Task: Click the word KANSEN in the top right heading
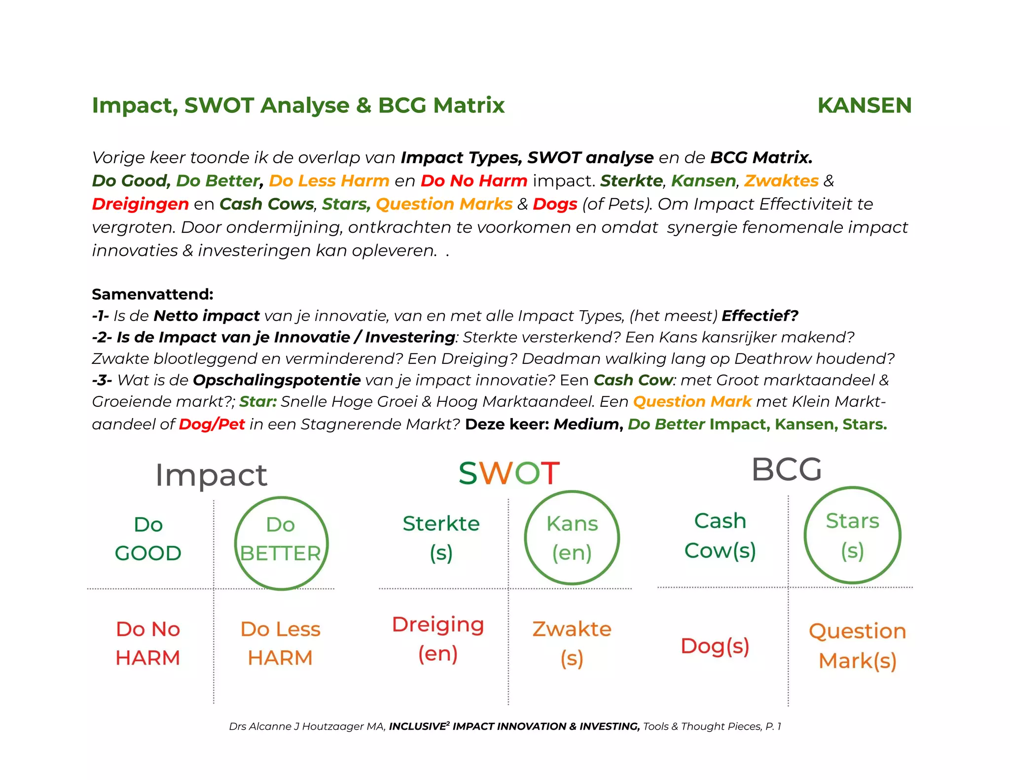coord(864,106)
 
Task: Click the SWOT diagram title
coord(509,473)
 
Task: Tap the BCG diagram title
coord(787,469)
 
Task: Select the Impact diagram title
coord(211,475)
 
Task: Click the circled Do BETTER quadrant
coord(281,542)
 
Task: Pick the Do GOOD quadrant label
coord(148,539)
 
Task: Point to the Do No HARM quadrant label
coord(148,643)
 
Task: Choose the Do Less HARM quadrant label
coord(280,643)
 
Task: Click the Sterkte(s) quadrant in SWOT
coord(441,538)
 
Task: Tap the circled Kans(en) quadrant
coord(572,538)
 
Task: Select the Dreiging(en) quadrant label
coord(438,639)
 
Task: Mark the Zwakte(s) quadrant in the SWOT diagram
coord(572,643)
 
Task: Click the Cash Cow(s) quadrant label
coord(720,536)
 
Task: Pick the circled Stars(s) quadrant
coord(852,535)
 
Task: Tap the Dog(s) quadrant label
coord(715,646)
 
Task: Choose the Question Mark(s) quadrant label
coord(857,646)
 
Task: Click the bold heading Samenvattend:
coord(152,294)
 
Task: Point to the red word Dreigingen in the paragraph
coord(140,204)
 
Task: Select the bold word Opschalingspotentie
coord(277,380)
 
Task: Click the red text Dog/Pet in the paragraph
coord(212,424)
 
